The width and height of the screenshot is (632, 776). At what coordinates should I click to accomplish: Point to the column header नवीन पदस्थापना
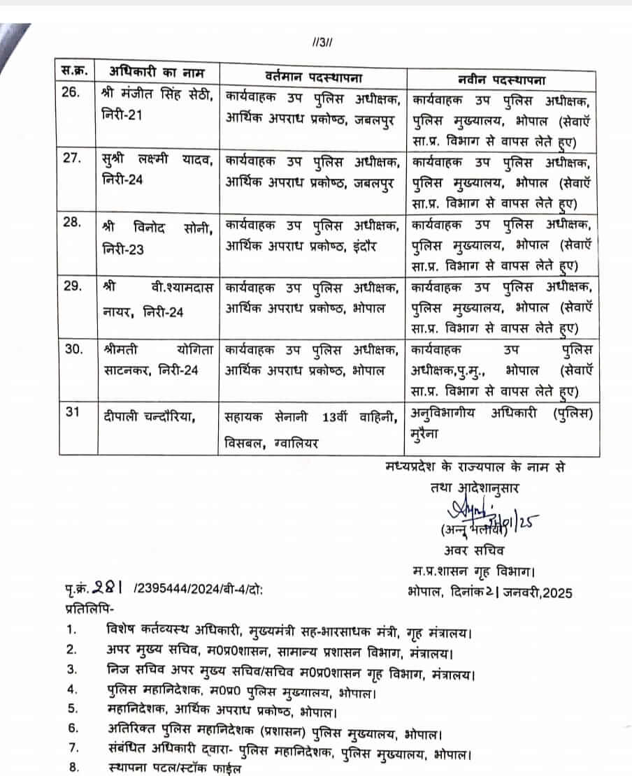point(500,77)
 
